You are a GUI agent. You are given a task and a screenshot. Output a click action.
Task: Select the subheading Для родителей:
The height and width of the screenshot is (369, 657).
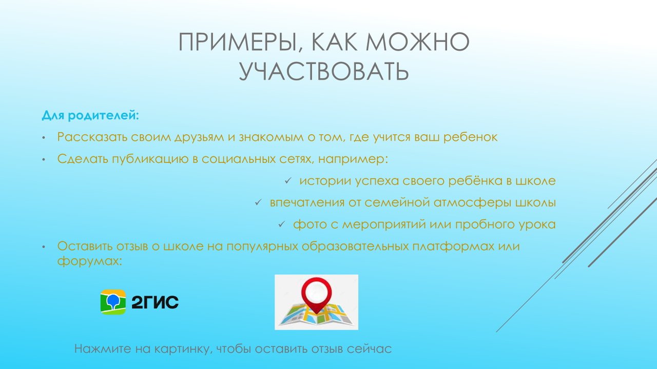[90, 115]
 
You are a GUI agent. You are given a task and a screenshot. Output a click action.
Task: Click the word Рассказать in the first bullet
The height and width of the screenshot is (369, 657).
[92, 137]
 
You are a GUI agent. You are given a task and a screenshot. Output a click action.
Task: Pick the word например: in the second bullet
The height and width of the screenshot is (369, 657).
[353, 159]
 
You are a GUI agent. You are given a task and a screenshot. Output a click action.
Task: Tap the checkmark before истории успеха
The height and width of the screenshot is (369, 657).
[288, 181]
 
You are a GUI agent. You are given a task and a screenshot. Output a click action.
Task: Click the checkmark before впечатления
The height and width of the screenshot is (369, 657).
[258, 202]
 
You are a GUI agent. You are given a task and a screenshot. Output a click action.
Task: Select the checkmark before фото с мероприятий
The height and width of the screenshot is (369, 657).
[282, 224]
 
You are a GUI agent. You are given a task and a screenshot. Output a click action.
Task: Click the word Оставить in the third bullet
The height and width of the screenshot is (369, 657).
[85, 246]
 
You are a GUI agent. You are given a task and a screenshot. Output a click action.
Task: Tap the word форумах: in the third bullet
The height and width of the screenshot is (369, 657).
[89, 261]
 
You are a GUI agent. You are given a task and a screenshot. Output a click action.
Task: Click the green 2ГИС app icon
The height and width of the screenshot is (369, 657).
[113, 302]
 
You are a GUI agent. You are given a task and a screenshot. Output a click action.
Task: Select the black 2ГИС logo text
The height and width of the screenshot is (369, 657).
[155, 302]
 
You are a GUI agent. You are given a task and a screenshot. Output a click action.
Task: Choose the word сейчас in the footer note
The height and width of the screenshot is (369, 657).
[369, 349]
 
